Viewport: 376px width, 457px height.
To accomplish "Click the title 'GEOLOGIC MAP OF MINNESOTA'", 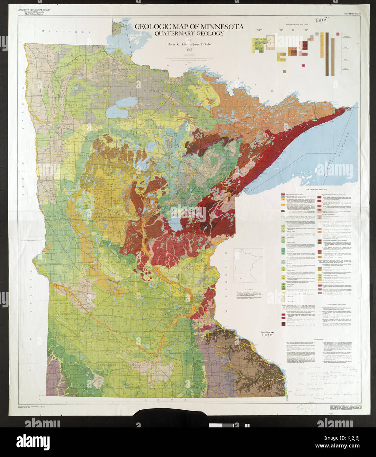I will [188, 27].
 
